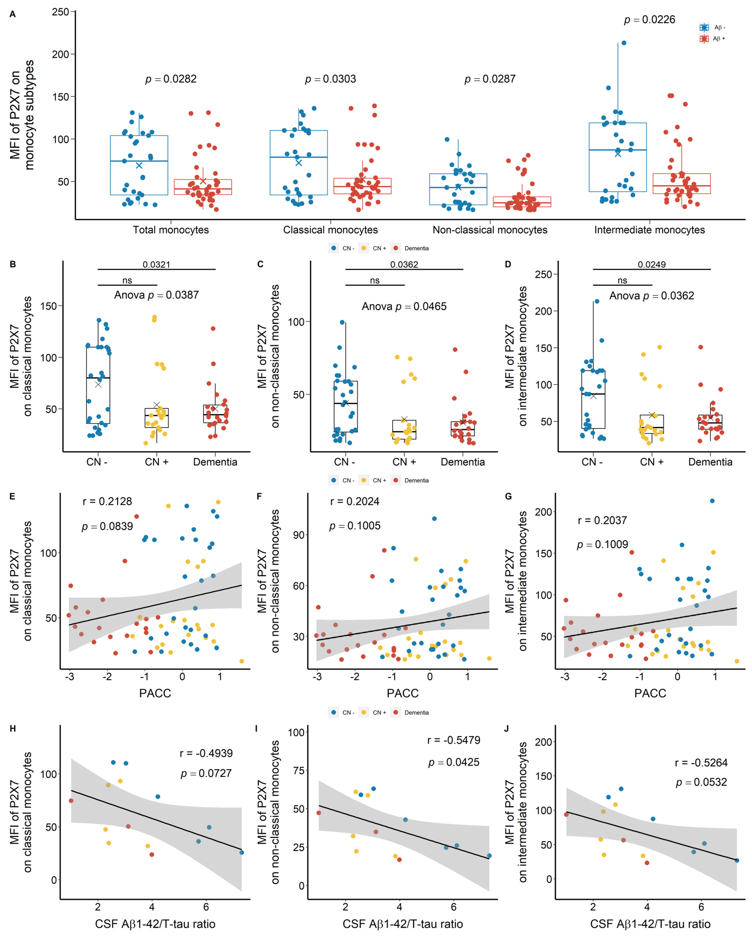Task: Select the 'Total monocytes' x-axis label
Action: coord(171,230)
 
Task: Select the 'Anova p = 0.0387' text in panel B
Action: coord(156,295)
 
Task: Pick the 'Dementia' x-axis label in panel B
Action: coord(215,462)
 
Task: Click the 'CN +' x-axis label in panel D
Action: coord(652,462)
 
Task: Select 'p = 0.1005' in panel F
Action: coord(354,526)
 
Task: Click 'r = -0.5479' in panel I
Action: coord(454,740)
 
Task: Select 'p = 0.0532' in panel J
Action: coord(701,782)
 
